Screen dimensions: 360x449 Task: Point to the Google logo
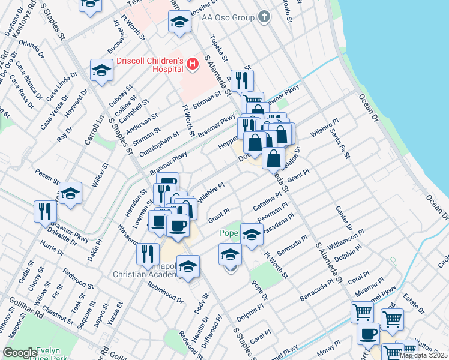tap(20, 353)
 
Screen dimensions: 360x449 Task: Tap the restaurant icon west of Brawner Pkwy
tap(46, 212)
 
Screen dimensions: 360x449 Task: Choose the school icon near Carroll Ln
tap(70, 193)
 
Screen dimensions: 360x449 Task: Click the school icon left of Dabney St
tap(102, 70)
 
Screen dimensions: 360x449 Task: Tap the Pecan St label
tap(47, 178)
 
